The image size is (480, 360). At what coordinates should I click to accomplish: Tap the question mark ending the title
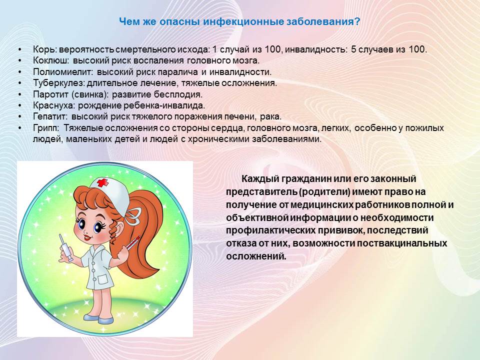click(x=357, y=21)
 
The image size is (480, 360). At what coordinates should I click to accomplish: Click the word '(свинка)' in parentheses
click(x=90, y=94)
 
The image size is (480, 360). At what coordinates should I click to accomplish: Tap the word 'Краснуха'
click(x=54, y=105)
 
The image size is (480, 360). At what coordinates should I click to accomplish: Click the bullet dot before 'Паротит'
click(x=20, y=94)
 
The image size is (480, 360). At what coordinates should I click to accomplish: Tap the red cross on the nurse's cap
click(x=103, y=183)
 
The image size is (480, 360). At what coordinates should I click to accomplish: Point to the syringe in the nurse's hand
click(x=66, y=246)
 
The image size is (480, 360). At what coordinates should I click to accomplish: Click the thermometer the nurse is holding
click(x=131, y=243)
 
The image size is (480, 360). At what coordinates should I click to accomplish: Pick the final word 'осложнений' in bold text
click(x=256, y=256)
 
